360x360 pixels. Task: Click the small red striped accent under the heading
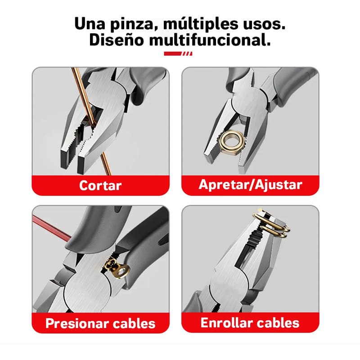(x=179, y=54)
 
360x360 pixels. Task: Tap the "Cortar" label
(x=100, y=185)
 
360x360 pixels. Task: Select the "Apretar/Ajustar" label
(x=250, y=184)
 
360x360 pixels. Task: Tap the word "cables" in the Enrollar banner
(x=281, y=322)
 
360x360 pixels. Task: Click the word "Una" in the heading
(x=85, y=23)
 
